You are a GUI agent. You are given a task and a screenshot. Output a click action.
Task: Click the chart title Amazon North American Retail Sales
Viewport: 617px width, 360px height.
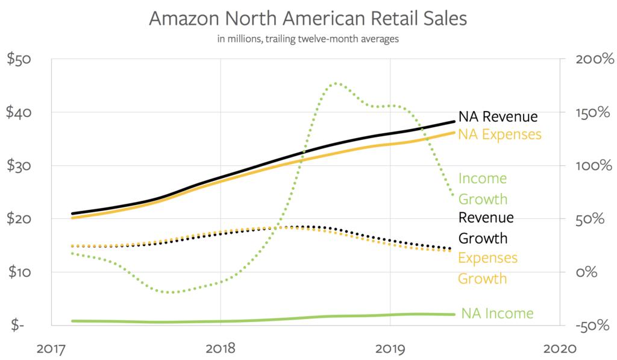[x=308, y=19]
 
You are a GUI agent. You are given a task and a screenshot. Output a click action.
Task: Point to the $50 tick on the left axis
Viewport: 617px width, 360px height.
[x=20, y=60]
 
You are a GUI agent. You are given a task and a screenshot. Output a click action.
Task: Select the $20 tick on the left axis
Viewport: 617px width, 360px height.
[x=20, y=219]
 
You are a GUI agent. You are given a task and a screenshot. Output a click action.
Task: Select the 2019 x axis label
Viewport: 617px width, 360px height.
[x=390, y=349]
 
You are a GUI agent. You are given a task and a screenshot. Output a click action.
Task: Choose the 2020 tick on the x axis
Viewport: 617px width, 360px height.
[x=560, y=349]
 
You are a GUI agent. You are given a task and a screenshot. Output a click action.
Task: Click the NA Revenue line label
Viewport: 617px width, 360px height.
[x=498, y=116]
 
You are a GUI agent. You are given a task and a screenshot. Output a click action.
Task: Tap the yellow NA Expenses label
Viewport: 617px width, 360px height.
[x=500, y=134]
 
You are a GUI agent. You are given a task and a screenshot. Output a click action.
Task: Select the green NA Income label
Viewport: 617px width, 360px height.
[x=497, y=314]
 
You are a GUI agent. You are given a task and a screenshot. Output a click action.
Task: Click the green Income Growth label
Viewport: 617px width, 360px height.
[x=483, y=189]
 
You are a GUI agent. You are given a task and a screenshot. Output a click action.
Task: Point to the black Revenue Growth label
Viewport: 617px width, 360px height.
[x=486, y=227]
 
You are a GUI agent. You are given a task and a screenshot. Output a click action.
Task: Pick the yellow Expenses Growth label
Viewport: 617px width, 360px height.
[x=487, y=268]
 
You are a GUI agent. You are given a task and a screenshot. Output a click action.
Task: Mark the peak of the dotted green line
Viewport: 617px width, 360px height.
[x=336, y=83]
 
